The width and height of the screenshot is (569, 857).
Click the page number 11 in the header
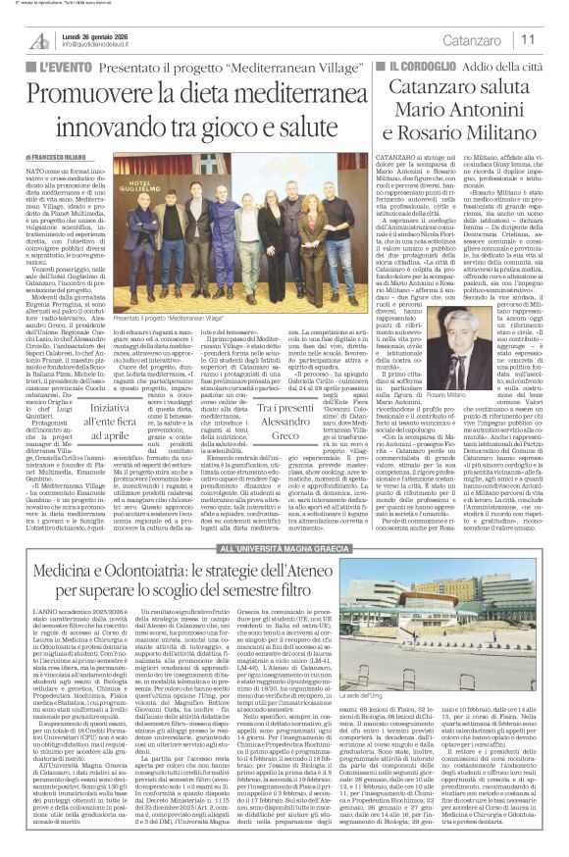pos(527,40)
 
